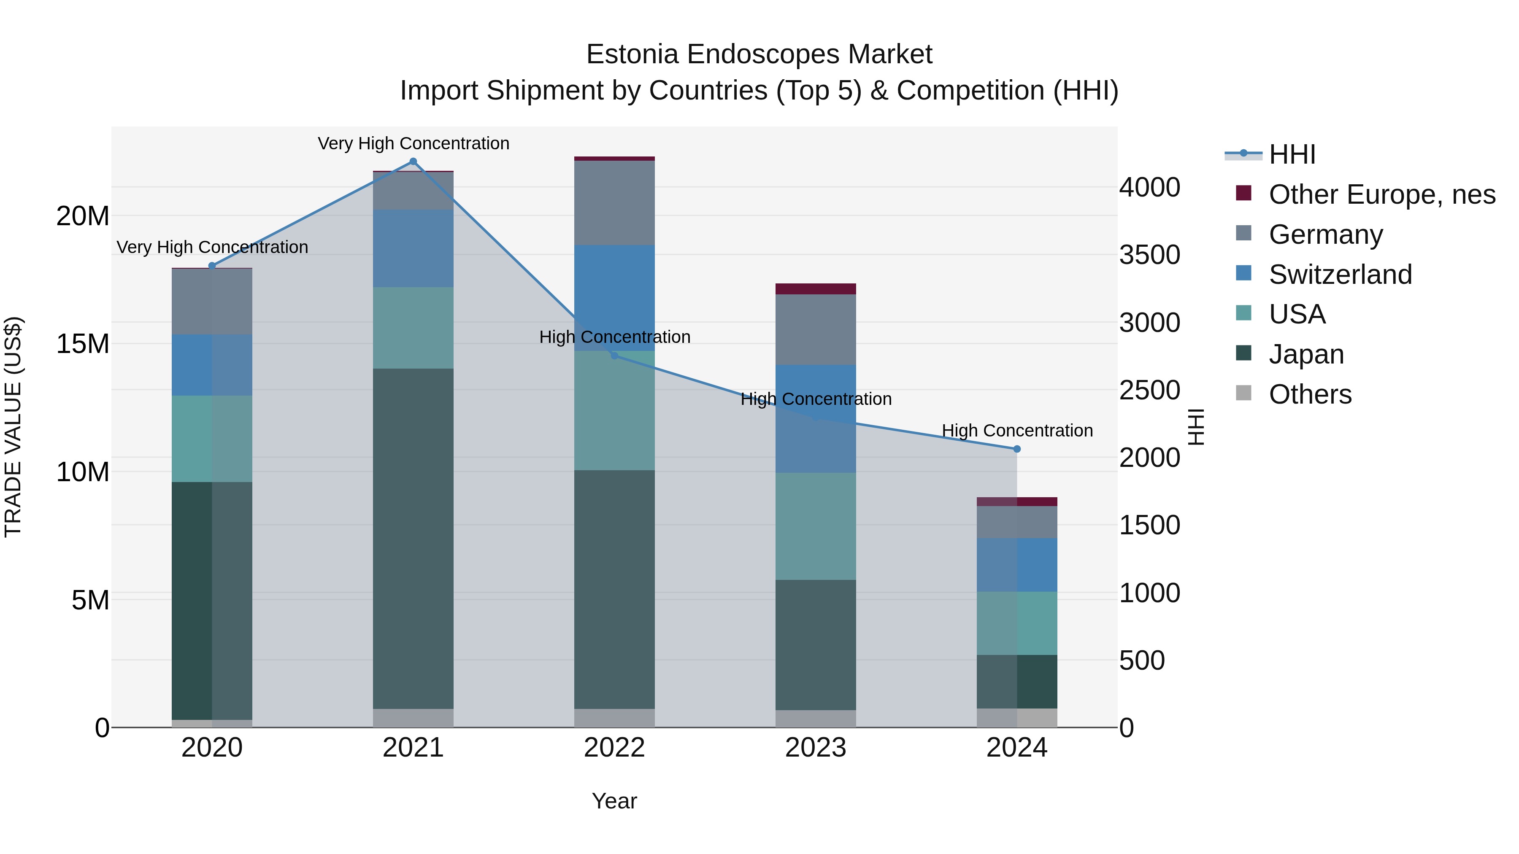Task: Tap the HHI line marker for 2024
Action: [x=1016, y=449]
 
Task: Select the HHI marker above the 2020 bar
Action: [x=212, y=266]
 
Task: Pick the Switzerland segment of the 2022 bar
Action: [x=614, y=298]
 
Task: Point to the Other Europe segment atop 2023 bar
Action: [x=816, y=289]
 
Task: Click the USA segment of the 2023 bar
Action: [x=816, y=526]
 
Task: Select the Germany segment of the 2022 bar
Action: [x=614, y=203]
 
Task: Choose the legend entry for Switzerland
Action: [x=1340, y=275]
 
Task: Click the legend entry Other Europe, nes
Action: [x=1381, y=194]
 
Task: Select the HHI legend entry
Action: [x=1292, y=154]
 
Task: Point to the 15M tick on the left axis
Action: [x=83, y=344]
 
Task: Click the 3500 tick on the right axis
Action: [x=1149, y=255]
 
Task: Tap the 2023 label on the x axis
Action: [x=816, y=748]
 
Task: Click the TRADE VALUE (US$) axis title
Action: [x=13, y=427]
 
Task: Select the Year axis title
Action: [x=614, y=801]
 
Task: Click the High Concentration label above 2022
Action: [x=614, y=337]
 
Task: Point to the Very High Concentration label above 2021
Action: [x=414, y=143]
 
